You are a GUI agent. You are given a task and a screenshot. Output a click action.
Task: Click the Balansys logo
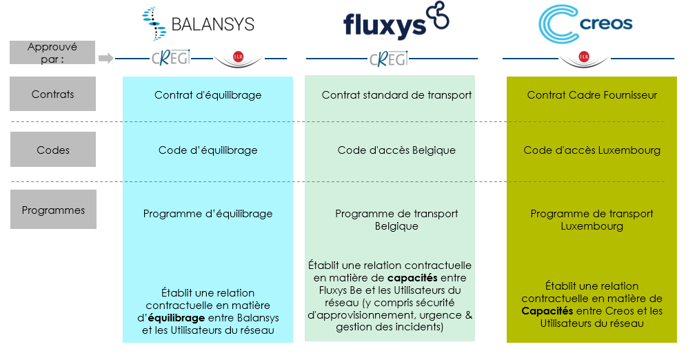pos(199,23)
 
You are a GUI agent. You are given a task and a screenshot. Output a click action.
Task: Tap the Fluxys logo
pos(396,21)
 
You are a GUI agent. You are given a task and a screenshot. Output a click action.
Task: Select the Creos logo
pos(585,24)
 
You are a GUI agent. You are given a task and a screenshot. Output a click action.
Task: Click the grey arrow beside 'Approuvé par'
pos(105,58)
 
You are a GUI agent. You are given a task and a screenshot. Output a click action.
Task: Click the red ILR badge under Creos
pos(584,57)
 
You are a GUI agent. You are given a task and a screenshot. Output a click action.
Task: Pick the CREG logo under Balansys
pos(171,58)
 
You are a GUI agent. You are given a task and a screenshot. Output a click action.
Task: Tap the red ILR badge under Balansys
pos(239,57)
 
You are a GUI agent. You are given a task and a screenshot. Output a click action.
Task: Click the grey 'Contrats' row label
pos(53,94)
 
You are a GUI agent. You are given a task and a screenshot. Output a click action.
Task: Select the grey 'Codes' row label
pos(53,150)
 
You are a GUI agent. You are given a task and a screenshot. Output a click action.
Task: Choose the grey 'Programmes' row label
pos(53,210)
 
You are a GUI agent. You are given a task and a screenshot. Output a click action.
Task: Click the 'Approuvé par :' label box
pos(52,52)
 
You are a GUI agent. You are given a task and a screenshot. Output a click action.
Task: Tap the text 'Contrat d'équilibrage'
pos(208,95)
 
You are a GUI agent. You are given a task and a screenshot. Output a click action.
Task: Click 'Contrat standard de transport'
pos(396,95)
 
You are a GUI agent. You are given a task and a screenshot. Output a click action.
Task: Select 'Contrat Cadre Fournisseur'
pos(592,95)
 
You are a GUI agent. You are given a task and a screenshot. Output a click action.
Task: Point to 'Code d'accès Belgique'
pos(396,150)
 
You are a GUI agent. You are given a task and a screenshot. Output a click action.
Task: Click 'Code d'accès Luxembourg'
pos(592,150)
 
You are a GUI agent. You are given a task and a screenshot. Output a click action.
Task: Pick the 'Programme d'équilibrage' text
pos(208,214)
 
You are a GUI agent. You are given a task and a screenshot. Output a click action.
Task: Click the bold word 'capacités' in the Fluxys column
pos(412,278)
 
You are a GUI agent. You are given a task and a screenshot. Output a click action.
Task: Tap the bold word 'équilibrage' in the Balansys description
pos(176,318)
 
